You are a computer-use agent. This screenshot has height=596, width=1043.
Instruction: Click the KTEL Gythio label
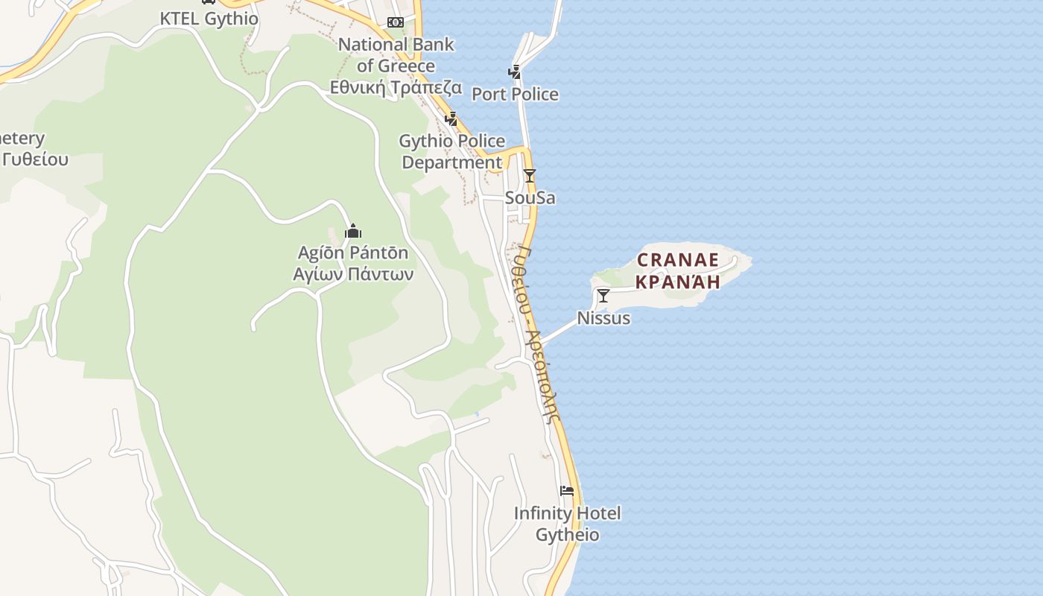(209, 19)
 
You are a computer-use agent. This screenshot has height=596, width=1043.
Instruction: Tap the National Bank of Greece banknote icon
(396, 22)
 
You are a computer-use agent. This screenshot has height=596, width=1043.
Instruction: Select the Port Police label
(515, 94)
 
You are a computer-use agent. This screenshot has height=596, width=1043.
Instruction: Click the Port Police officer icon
(514, 72)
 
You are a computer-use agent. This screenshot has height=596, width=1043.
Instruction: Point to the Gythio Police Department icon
(451, 118)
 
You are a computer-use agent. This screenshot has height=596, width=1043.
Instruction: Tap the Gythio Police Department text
(452, 151)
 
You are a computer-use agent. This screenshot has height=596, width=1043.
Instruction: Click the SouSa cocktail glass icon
(530, 176)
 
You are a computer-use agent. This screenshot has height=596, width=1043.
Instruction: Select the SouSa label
(530, 198)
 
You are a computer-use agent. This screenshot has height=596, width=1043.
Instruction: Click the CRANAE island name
(678, 260)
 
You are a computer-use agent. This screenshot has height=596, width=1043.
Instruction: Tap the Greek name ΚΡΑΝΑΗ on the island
(678, 282)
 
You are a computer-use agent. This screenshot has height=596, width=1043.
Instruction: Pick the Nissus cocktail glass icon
(603, 296)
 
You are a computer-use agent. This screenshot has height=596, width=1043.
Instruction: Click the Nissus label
(603, 318)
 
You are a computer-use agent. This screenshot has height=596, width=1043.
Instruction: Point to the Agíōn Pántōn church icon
(353, 231)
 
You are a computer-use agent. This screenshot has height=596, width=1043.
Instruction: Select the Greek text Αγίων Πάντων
(353, 273)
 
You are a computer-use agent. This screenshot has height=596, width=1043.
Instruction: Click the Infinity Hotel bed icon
(567, 490)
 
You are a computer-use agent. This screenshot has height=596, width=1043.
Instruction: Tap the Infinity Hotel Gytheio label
(567, 524)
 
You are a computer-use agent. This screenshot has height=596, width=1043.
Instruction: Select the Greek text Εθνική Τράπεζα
(396, 87)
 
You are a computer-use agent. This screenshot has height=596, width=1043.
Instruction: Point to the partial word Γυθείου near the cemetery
(35, 159)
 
